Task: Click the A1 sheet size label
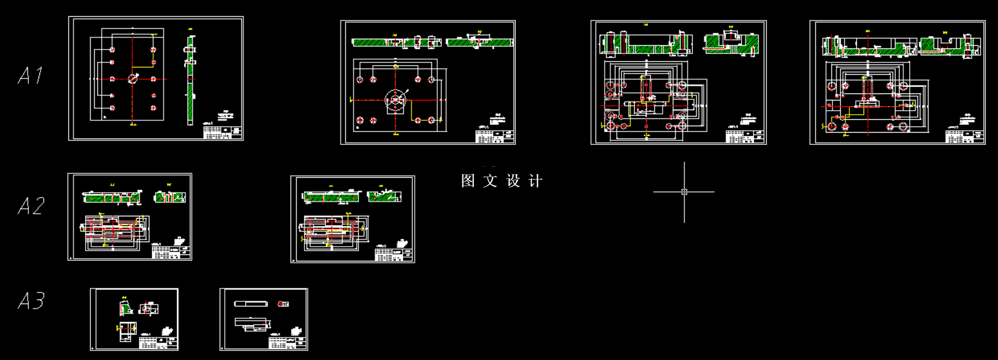pyautogui.click(x=30, y=76)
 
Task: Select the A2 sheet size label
pyautogui.click(x=30, y=206)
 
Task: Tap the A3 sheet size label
pyautogui.click(x=30, y=301)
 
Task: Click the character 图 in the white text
pyautogui.click(x=468, y=181)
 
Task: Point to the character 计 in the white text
pyautogui.click(x=535, y=181)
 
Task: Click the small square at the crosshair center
pyautogui.click(x=684, y=191)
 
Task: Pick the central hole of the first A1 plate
pyautogui.click(x=133, y=79)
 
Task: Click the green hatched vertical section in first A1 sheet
pyautogui.click(x=190, y=81)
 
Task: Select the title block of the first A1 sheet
pyautogui.click(x=223, y=132)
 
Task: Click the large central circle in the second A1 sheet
pyautogui.click(x=395, y=100)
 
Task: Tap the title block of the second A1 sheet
pyautogui.click(x=494, y=136)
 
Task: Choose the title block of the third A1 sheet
pyautogui.click(x=746, y=137)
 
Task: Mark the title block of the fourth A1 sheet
pyautogui.click(x=965, y=137)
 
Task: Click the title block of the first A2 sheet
pyautogui.click(x=172, y=252)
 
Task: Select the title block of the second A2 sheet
pyautogui.click(x=394, y=254)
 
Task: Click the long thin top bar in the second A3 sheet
pyautogui.click(x=251, y=303)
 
